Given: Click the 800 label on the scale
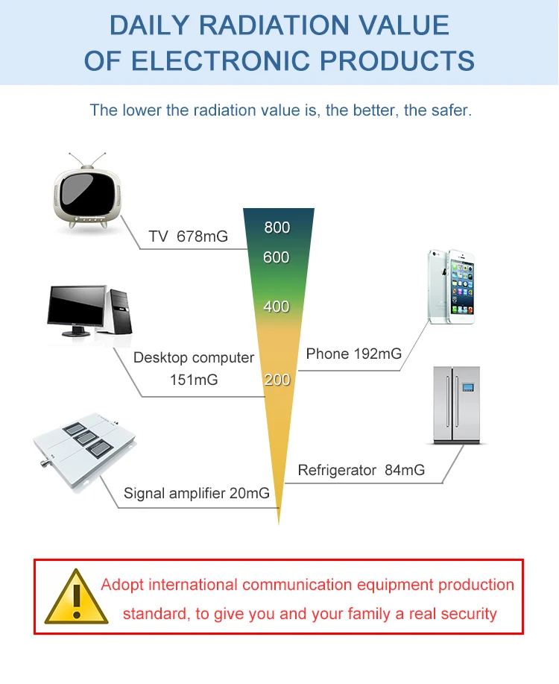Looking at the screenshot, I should pyautogui.click(x=277, y=228).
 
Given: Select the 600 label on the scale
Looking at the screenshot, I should pyautogui.click(x=277, y=257).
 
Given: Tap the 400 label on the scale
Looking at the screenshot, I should pyautogui.click(x=277, y=306).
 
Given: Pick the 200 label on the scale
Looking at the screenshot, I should pyautogui.click(x=277, y=380).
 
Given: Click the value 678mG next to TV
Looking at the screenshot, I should pyautogui.click(x=202, y=236).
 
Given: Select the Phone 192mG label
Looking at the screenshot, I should pyautogui.click(x=353, y=354).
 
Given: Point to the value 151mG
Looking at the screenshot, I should pyautogui.click(x=194, y=380).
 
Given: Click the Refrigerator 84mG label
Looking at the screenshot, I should pyautogui.click(x=361, y=470).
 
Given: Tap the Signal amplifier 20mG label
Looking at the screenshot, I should pyautogui.click(x=197, y=493).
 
